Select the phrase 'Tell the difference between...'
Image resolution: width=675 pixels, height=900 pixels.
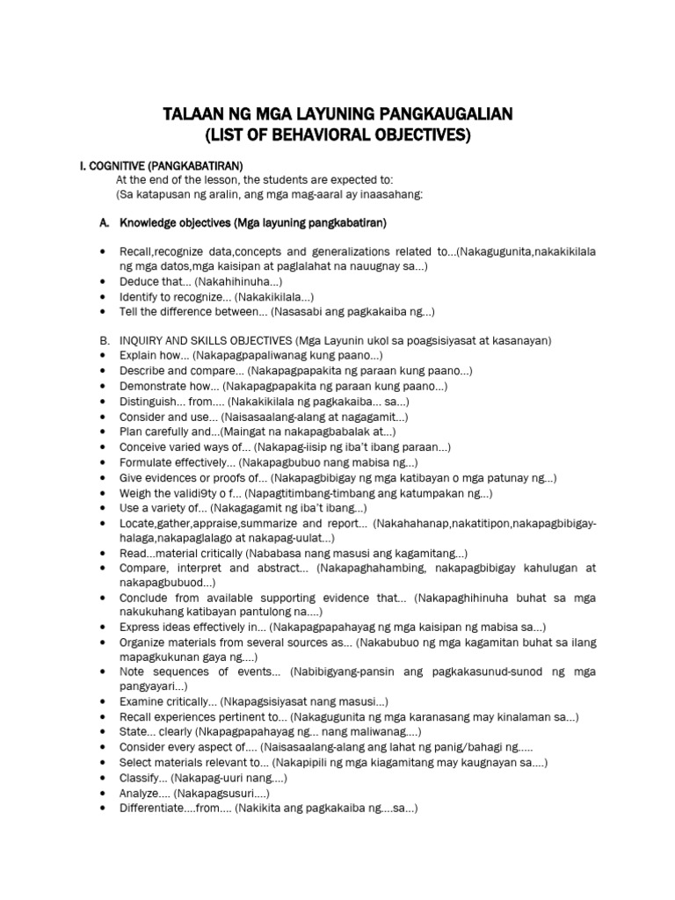tap(193, 311)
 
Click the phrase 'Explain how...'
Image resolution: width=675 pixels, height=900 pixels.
tap(156, 355)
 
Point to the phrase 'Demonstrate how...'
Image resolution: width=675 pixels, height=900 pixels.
tap(170, 386)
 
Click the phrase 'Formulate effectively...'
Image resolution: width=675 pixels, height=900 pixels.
tap(177, 462)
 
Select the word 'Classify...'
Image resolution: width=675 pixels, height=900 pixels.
tap(142, 778)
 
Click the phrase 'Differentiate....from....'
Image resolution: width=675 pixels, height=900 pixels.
tap(183, 808)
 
